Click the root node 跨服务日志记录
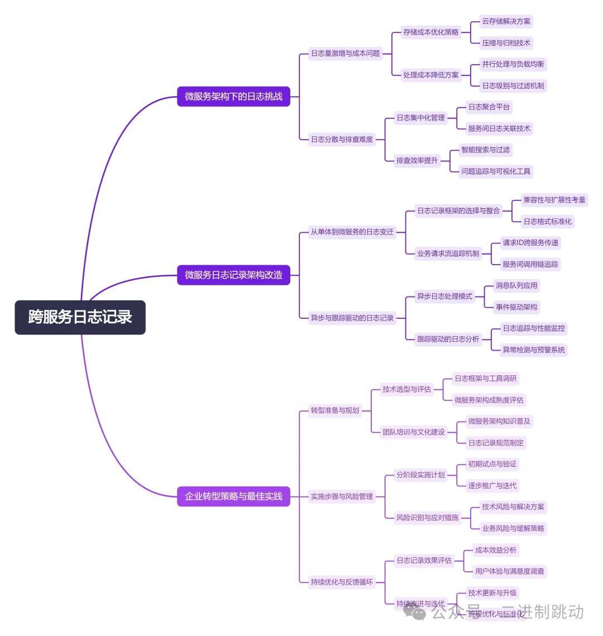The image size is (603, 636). [80, 317]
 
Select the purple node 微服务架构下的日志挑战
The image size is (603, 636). [233, 97]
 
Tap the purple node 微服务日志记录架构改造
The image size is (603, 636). [233, 275]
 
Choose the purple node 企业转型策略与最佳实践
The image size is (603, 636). [233, 496]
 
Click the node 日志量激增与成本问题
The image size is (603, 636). [345, 54]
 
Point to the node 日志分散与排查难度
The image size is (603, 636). [342, 139]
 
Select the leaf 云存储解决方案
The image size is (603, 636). [506, 21]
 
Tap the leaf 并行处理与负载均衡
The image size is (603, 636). [513, 64]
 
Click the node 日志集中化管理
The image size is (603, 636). [420, 118]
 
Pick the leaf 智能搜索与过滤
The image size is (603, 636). [485, 150]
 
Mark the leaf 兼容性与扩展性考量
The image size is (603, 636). [554, 200]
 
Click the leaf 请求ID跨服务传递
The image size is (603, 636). [530, 243]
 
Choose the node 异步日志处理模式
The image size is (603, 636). [444, 297]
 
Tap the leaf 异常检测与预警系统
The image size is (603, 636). [534, 350]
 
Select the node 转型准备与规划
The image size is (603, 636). [335, 410]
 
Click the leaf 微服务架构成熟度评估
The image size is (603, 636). [489, 400]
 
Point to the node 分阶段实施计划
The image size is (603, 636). [420, 475]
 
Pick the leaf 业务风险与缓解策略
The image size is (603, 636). [513, 528]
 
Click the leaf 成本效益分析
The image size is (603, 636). [496, 550]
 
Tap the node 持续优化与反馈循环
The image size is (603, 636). [342, 582]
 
